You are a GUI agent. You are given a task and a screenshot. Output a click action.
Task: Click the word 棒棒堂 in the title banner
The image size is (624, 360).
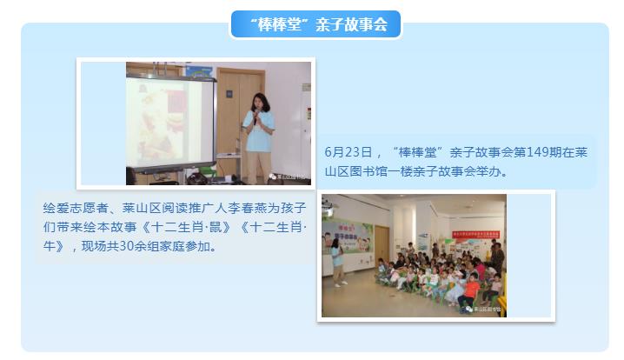(x=280, y=24)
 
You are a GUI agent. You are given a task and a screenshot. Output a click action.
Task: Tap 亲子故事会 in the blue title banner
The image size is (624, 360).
(x=351, y=24)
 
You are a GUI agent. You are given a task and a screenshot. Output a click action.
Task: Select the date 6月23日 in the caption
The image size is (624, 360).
(x=349, y=152)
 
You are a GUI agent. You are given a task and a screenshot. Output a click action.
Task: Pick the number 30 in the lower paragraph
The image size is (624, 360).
(x=127, y=246)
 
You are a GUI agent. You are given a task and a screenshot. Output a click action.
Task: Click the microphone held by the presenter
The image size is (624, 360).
(x=256, y=117)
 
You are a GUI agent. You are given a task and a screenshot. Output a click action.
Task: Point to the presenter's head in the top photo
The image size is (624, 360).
(x=260, y=102)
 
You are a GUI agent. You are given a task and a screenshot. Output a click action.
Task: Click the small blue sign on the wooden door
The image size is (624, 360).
(x=229, y=94)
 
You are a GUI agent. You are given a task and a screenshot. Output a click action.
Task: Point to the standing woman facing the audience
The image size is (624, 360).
(x=337, y=263)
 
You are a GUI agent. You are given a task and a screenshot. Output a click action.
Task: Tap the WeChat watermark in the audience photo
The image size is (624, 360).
(x=483, y=309)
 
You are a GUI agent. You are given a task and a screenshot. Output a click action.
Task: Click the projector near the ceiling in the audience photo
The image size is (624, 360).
(x=327, y=203)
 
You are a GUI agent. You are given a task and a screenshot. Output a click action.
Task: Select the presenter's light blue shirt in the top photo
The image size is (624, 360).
(x=258, y=131)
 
